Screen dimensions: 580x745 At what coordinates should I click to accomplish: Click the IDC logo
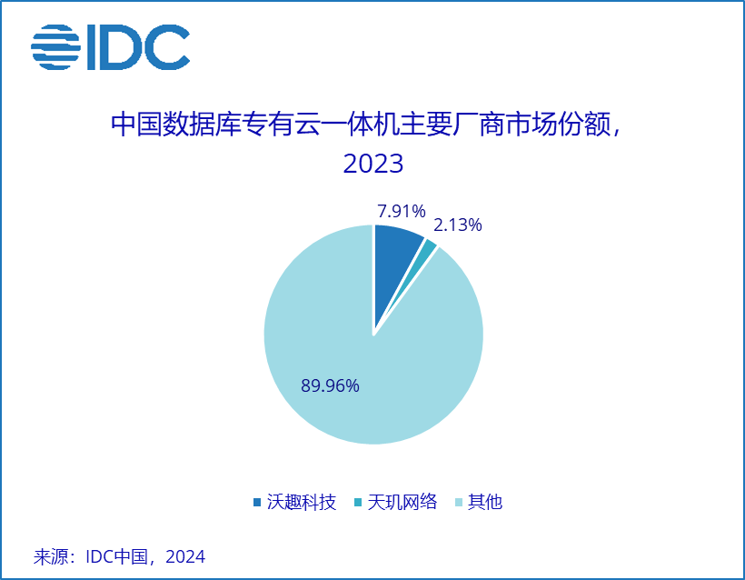[110, 46]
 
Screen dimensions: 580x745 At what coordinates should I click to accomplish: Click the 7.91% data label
[402, 212]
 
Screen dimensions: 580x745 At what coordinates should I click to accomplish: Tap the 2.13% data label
[458, 225]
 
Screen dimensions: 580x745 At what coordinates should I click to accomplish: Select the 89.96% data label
[331, 385]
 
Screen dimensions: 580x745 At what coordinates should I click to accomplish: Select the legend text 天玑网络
[402, 502]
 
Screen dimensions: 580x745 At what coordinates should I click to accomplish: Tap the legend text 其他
[484, 502]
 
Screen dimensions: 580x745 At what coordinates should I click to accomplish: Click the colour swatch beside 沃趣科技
[258, 503]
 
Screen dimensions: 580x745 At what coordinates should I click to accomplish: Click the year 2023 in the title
[372, 164]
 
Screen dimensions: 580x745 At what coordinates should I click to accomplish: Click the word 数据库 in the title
[199, 125]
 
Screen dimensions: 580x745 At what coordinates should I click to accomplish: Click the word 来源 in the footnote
[52, 556]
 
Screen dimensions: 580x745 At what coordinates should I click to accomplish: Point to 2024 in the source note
[185, 556]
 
